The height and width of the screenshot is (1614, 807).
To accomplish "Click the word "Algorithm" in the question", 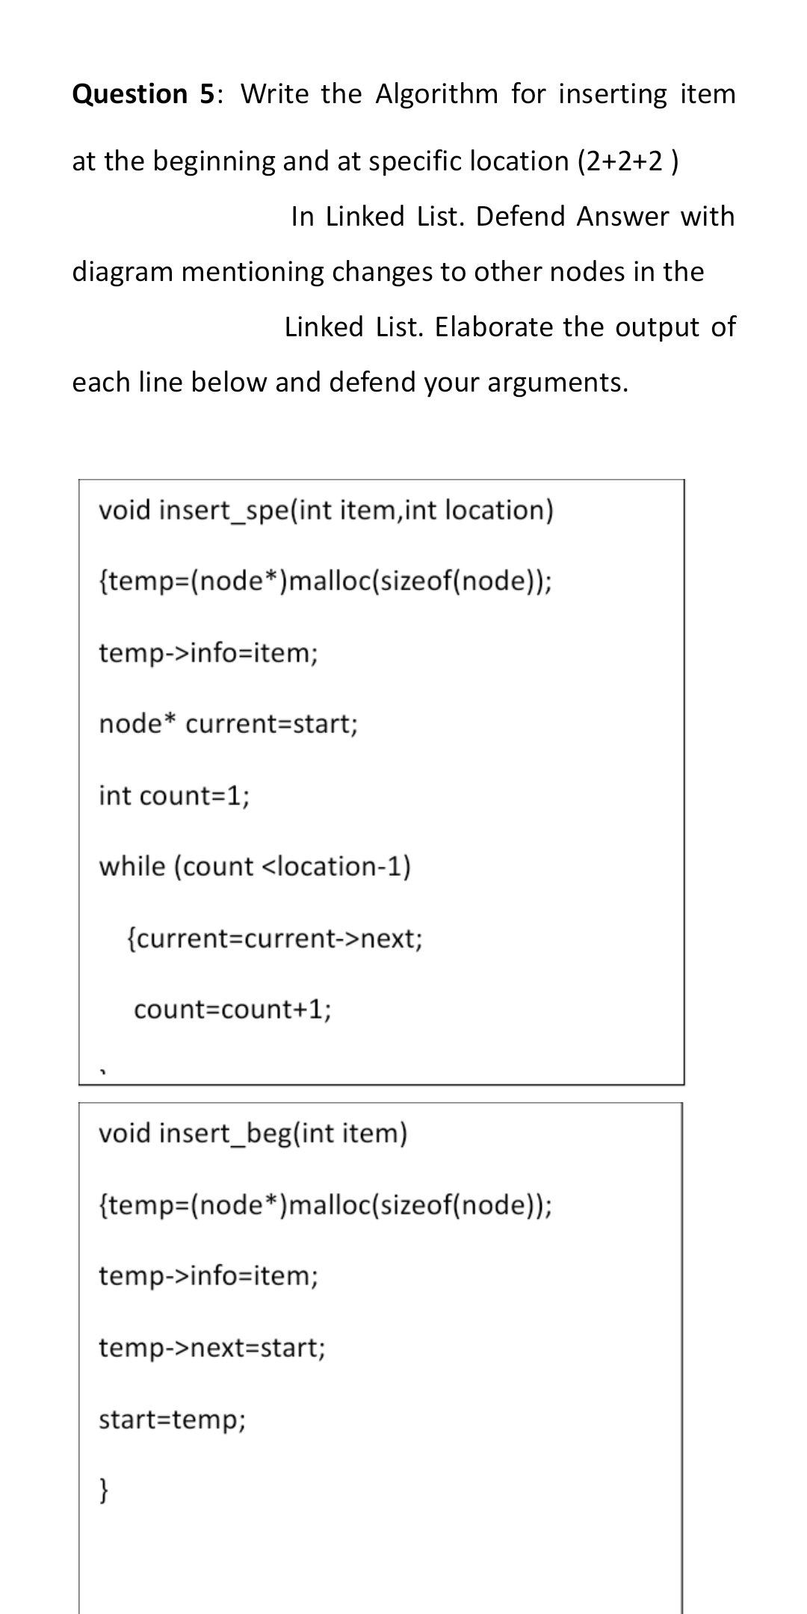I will coord(436,94).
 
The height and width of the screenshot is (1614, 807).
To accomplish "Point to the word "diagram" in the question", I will coord(123,271).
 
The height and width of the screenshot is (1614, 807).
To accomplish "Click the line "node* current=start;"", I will coord(229,723).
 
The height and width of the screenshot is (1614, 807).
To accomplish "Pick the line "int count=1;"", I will coord(174,795).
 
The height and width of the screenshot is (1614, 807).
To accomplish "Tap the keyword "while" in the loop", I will coord(132,866).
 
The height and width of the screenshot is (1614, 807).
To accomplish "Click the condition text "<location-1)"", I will coord(336,866).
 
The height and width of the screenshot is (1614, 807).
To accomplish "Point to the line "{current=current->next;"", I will coord(275,937).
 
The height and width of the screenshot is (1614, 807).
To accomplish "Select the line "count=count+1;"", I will coord(232,1009).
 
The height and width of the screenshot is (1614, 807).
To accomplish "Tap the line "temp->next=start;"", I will coord(212,1347).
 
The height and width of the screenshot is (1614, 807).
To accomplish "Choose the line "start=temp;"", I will coord(172,1418).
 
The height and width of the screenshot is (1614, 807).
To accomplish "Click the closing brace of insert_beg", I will coord(105,1491).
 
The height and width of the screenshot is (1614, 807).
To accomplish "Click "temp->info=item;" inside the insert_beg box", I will coord(208,1276).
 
